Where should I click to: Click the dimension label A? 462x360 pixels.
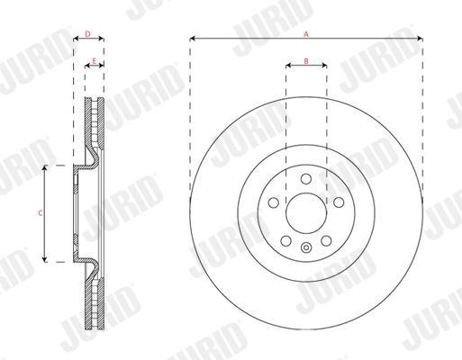(306, 34)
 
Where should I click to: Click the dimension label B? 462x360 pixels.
(306, 61)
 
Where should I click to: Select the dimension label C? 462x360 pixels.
(41, 213)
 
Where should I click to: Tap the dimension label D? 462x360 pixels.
(87, 34)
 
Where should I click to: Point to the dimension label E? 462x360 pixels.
(94, 61)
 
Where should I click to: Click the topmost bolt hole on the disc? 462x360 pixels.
(306, 179)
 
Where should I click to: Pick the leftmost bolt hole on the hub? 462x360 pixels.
(273, 202)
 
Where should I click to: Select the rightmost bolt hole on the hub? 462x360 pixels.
(339, 202)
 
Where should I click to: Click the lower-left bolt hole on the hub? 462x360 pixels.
(285, 240)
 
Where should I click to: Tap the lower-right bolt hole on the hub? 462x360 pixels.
(326, 240)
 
